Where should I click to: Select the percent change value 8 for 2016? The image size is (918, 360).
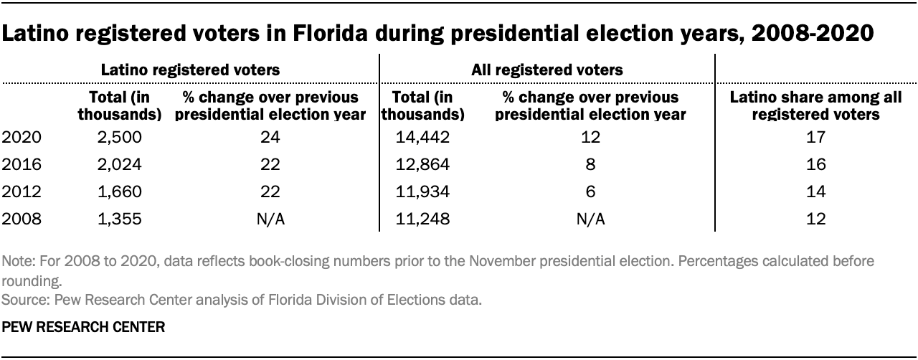[x=590, y=164]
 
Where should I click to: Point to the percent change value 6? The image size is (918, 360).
[x=590, y=192]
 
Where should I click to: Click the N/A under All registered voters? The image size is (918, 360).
[x=590, y=219]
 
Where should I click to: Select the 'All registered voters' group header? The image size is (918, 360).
[x=546, y=70]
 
